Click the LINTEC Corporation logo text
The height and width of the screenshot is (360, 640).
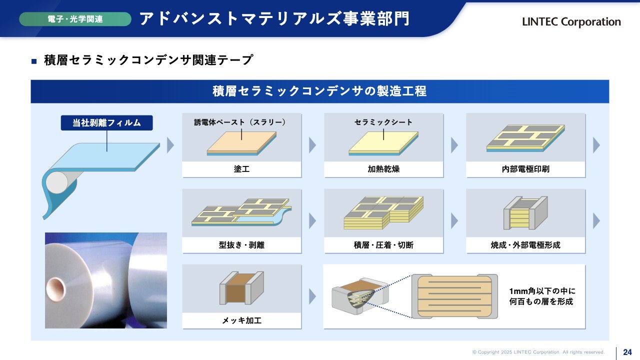(571, 21)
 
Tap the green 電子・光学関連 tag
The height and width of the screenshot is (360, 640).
(75, 19)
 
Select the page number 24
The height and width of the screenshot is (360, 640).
(627, 352)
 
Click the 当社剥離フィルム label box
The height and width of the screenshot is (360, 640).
(106, 123)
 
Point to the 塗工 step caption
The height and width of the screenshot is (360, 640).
(241, 169)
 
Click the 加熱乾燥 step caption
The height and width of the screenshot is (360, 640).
(383, 169)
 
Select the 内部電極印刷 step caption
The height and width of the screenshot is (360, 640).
(525, 169)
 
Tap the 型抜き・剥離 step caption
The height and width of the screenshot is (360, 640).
(241, 245)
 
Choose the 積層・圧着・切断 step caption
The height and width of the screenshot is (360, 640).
(383, 245)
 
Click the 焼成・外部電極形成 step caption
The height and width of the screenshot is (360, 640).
(525, 245)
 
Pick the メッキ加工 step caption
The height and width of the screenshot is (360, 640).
(241, 320)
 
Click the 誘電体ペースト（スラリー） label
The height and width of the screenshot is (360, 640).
(240, 122)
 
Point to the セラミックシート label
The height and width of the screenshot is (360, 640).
(383, 122)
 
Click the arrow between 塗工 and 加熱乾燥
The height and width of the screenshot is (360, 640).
(312, 145)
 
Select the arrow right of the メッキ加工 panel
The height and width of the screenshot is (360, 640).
(312, 296)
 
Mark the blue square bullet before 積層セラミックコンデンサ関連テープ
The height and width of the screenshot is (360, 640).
(34, 61)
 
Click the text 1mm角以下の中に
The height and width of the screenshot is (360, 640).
(542, 291)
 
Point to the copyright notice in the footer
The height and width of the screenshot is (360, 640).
(538, 352)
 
